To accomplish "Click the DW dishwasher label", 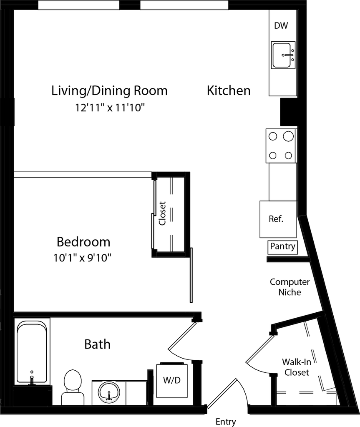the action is [281, 25].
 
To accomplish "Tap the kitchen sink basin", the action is [282, 55].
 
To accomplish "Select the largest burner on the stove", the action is [288, 136].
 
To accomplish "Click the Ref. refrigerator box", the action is [278, 219].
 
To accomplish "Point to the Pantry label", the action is [282, 246].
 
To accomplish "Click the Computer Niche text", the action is [290, 287].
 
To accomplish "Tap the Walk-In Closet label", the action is [297, 367].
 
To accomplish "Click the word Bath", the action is [97, 344].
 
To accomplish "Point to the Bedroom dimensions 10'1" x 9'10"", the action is [82, 258].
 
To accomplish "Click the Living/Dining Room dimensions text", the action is [110, 108].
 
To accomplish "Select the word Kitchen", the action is [229, 90].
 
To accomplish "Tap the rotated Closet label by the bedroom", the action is [162, 213].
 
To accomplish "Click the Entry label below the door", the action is [226, 422].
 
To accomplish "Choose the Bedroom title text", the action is [83, 242].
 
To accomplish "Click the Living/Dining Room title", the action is [109, 90].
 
